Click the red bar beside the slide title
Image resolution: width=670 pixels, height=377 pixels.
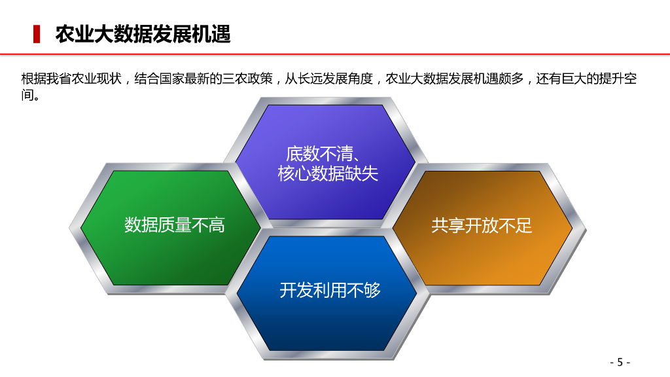[x=37, y=34]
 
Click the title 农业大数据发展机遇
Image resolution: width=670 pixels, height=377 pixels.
[x=143, y=34]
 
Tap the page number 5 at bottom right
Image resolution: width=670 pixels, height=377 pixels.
[x=620, y=363]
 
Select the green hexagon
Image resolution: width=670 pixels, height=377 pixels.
[x=171, y=228]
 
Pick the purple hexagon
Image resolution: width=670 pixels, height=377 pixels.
[x=326, y=162]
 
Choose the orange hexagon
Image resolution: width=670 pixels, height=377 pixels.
[x=482, y=228]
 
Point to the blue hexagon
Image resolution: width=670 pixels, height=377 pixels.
[x=327, y=293]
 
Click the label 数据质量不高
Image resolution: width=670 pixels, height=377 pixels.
[x=175, y=225]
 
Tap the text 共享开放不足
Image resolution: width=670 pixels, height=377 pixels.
[x=482, y=226]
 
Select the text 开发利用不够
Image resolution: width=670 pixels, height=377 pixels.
[x=330, y=291]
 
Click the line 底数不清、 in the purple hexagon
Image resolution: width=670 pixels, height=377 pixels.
[x=323, y=153]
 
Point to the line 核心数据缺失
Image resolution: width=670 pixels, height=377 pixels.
[x=328, y=173]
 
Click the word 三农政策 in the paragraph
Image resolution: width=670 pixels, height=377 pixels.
[x=247, y=79]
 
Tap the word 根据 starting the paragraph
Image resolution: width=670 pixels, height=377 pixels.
[x=34, y=79]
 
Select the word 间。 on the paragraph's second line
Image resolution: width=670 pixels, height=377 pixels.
[x=31, y=95]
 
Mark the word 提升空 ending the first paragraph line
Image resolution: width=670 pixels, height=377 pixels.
[x=618, y=79]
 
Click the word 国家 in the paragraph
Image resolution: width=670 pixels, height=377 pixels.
[x=172, y=79]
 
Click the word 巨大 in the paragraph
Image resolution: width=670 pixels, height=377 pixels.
[x=574, y=79]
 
